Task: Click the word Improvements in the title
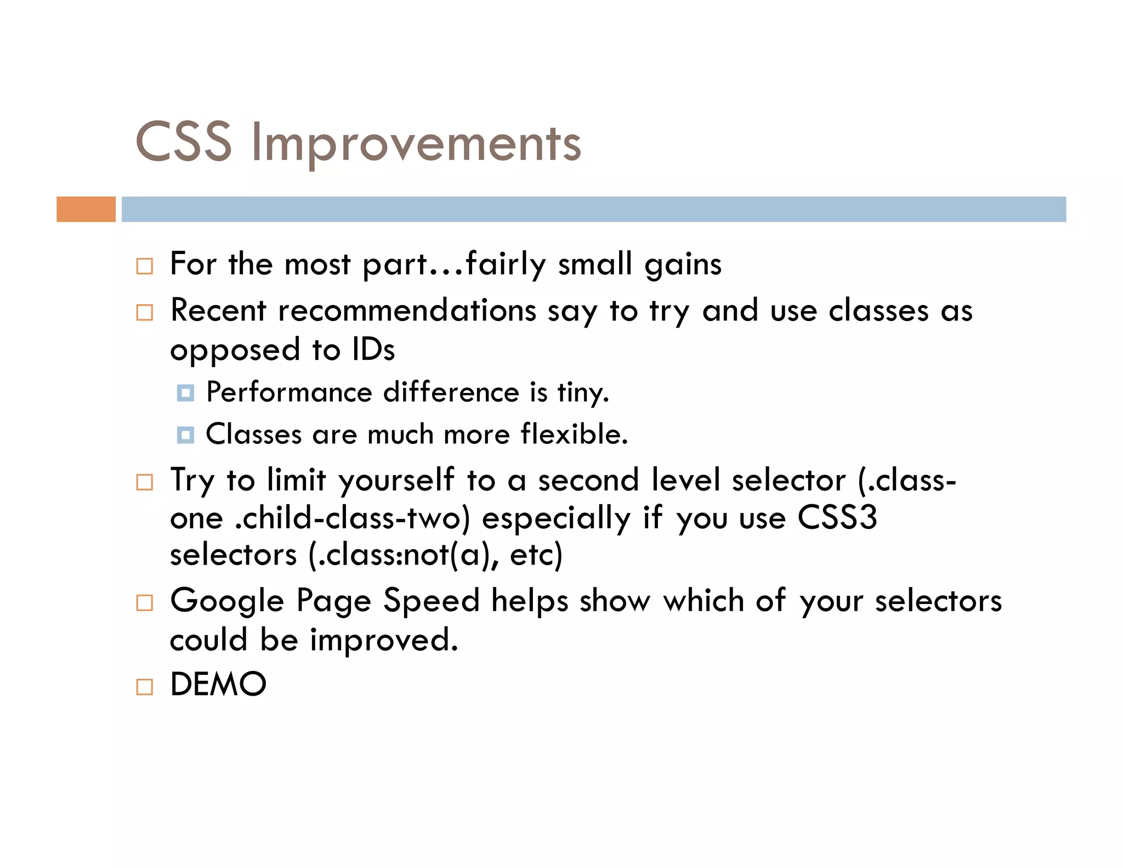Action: [416, 144]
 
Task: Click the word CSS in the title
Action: [184, 143]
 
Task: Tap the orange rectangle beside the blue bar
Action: [86, 209]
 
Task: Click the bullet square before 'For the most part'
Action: [145, 266]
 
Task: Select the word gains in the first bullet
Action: [683, 265]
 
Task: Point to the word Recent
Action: [218, 311]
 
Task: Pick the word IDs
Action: [373, 350]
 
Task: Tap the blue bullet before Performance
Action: [185, 393]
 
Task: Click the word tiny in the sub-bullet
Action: [582, 393]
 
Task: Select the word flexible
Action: [573, 434]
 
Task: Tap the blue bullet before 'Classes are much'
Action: [185, 435]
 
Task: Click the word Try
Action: [192, 481]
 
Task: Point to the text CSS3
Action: [837, 517]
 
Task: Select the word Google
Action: [227, 601]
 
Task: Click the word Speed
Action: [431, 600]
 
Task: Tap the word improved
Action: [383, 640]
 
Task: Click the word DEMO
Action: [218, 684]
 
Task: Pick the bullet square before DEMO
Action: [145, 687]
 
